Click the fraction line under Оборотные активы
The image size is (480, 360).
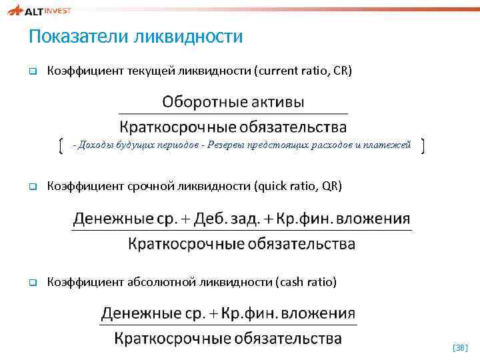(x=233, y=115)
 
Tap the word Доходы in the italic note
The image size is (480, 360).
(x=96, y=145)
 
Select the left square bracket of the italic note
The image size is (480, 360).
(x=60, y=145)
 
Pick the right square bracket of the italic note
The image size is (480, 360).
(x=424, y=145)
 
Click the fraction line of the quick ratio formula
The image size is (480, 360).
(x=241, y=231)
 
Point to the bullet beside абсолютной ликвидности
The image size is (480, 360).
(x=31, y=283)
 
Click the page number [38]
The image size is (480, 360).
(x=460, y=347)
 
